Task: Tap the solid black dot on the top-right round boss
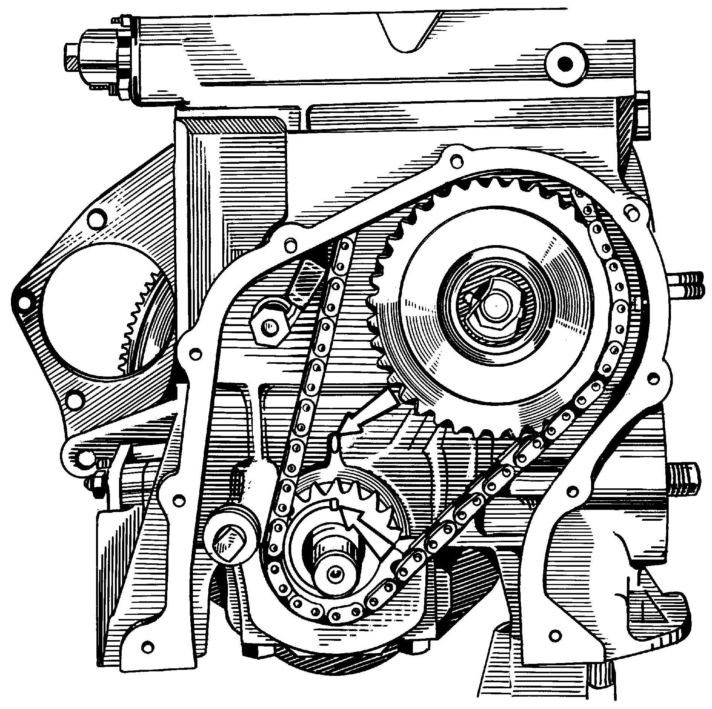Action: [x=564, y=63]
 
